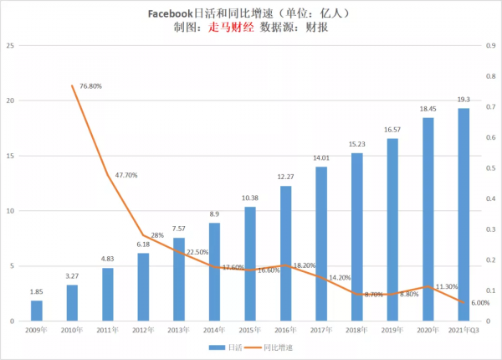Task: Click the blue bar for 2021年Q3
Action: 464,214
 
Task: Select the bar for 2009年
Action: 37,311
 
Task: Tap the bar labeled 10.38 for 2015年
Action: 250,264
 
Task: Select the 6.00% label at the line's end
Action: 479,304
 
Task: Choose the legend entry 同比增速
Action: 276,345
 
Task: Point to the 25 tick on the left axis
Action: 9,46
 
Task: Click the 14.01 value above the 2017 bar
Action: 321,157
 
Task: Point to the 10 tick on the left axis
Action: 9,211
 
